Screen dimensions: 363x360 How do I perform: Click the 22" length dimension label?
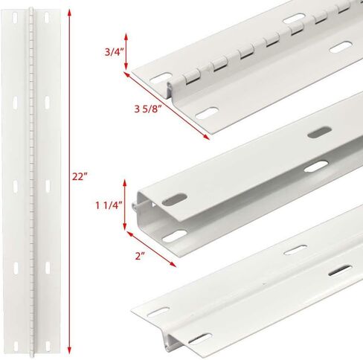coord(80,176)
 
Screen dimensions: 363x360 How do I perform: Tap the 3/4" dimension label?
coord(114,52)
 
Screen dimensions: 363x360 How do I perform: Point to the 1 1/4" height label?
coord(109,205)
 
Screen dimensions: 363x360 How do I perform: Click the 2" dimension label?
coord(140,256)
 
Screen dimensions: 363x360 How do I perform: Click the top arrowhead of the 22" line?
coord(69,13)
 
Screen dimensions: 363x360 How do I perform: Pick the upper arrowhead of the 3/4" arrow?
coord(126,36)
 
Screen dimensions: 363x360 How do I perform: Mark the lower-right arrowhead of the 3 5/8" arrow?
coord(206,137)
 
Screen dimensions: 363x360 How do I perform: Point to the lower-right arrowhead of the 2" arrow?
coord(173,264)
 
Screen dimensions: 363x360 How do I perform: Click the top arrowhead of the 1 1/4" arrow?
coord(125,183)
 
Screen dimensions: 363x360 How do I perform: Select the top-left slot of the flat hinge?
coord(15,18)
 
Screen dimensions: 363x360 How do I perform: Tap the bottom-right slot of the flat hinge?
coord(48,346)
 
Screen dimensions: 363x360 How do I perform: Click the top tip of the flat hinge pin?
coord(31,8)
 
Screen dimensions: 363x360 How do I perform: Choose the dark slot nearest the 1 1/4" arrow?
coord(175,199)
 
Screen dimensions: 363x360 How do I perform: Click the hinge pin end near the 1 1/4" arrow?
coord(134,205)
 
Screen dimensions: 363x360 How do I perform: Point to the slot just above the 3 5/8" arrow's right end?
coord(207,113)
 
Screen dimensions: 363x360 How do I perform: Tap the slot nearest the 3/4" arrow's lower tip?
coord(161,77)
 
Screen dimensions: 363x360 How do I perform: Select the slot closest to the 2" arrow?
coord(175,237)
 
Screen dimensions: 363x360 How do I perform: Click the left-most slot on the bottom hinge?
coord(158,312)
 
